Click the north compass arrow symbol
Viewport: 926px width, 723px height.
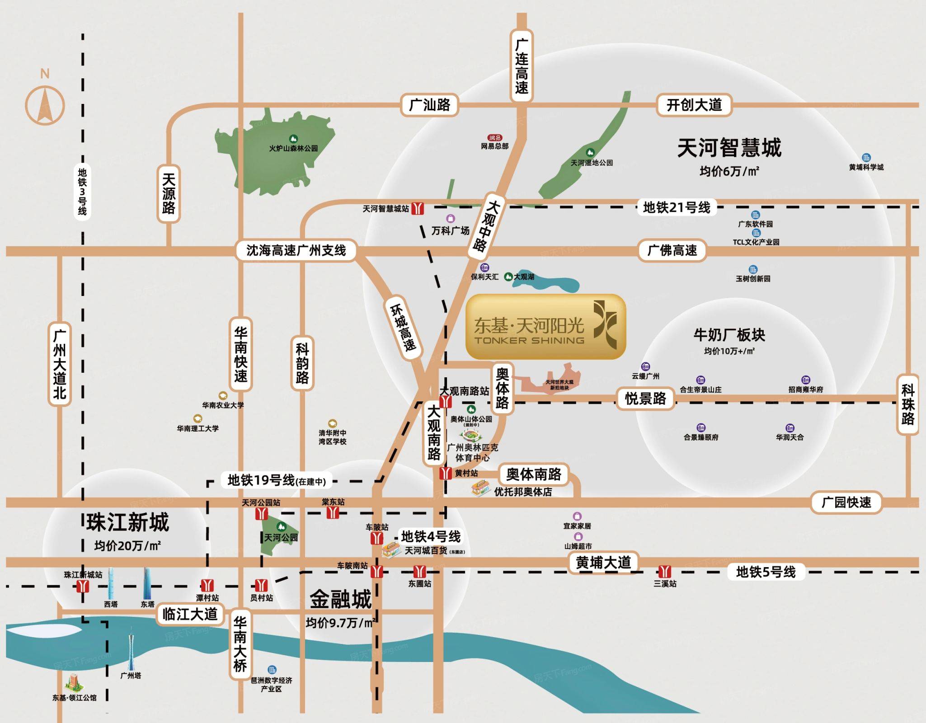[x=45, y=105]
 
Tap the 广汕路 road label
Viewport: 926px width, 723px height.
[x=429, y=105]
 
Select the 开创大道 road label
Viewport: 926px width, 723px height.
[x=694, y=105]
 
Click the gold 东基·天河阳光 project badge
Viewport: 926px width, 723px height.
[x=545, y=327]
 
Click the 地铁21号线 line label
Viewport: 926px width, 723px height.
[x=676, y=207]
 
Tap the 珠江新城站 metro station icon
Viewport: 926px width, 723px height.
[x=83, y=586]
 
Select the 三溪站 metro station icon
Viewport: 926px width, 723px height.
[x=664, y=571]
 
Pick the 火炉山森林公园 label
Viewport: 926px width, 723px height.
[x=293, y=148]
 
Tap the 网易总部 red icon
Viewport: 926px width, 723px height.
[x=495, y=138]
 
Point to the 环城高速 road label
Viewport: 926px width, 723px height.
[x=403, y=328]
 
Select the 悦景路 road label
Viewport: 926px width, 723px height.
[x=645, y=399]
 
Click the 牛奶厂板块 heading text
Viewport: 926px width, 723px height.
[x=729, y=335]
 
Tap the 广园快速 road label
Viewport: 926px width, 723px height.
[x=846, y=502]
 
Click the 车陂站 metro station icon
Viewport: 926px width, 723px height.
[x=377, y=538]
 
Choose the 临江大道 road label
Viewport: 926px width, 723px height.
[x=190, y=614]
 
